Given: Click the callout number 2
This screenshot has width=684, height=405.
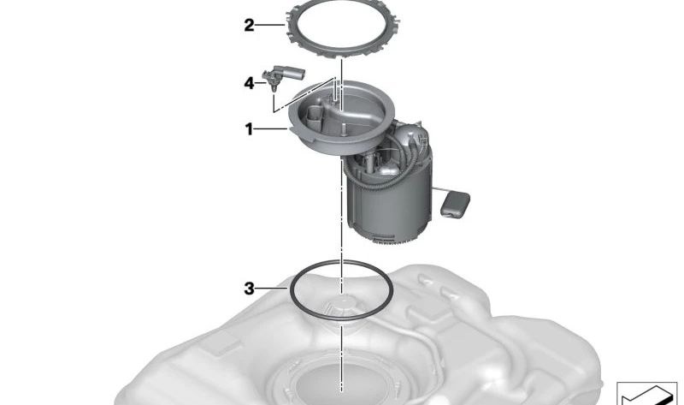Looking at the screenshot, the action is point(249,26).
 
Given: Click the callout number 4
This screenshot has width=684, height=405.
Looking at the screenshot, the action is point(249,82).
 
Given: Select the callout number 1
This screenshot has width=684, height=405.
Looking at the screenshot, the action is point(249,129).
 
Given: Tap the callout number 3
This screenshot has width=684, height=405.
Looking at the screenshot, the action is point(249,289).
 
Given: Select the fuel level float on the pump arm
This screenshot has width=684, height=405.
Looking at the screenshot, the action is point(455,205).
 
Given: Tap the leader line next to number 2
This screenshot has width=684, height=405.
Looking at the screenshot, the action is point(269,26).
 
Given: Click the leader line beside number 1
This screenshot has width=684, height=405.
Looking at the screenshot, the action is point(271,129).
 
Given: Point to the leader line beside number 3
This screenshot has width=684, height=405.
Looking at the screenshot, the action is point(271,289).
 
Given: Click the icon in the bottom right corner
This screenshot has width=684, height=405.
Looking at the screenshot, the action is point(646,393).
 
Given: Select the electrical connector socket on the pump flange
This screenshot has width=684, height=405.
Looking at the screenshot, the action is point(315,116).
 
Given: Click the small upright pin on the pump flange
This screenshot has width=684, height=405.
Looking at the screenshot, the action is point(344,129).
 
